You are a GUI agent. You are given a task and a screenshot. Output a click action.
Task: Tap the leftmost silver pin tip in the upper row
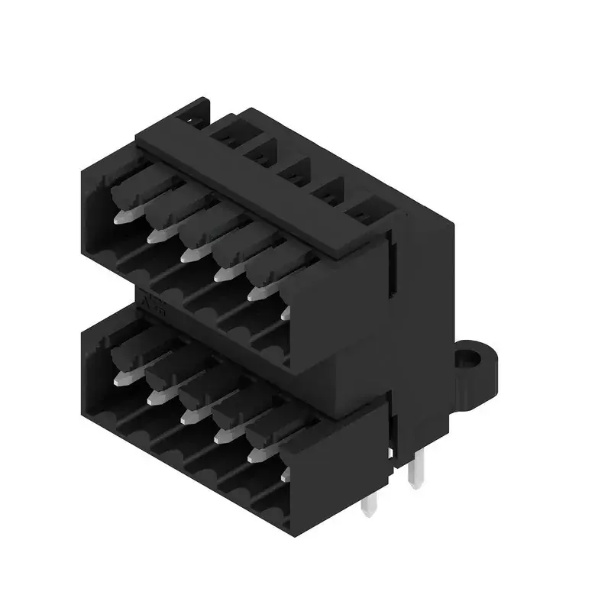[120, 217]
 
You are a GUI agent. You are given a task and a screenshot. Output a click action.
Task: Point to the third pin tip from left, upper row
[188, 254]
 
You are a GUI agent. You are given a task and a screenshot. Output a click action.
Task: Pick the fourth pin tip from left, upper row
[221, 273]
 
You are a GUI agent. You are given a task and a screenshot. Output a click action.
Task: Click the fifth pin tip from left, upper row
[255, 292]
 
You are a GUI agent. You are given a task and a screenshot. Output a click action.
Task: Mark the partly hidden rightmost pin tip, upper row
[285, 312]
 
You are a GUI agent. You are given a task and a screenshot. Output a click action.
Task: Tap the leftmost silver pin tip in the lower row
[120, 378]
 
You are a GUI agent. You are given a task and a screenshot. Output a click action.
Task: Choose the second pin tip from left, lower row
[154, 397]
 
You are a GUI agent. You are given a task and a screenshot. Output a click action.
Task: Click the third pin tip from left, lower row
[188, 416]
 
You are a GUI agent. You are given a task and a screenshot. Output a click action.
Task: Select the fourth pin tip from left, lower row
[221, 435]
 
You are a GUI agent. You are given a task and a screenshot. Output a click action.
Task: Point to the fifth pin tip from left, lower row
[255, 454]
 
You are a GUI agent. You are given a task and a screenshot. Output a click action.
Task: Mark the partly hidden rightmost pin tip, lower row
[285, 474]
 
